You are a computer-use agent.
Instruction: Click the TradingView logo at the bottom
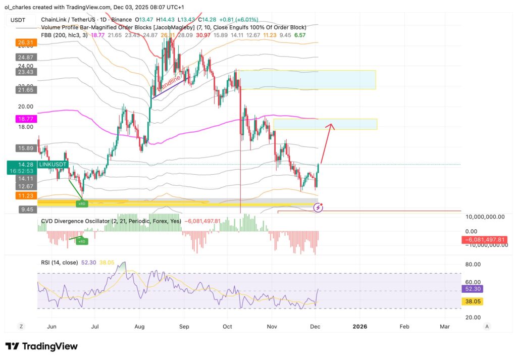pos(41,346)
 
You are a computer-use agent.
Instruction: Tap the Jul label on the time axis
pos(95,327)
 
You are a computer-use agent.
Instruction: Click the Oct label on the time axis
pos(228,327)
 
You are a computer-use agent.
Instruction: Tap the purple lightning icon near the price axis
pos(319,207)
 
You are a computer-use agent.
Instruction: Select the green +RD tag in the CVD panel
pos(81,242)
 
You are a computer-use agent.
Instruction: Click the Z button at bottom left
pos(21,327)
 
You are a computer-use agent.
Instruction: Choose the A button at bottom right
pos(487,327)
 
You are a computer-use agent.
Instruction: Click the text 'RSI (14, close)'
pos(59,262)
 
